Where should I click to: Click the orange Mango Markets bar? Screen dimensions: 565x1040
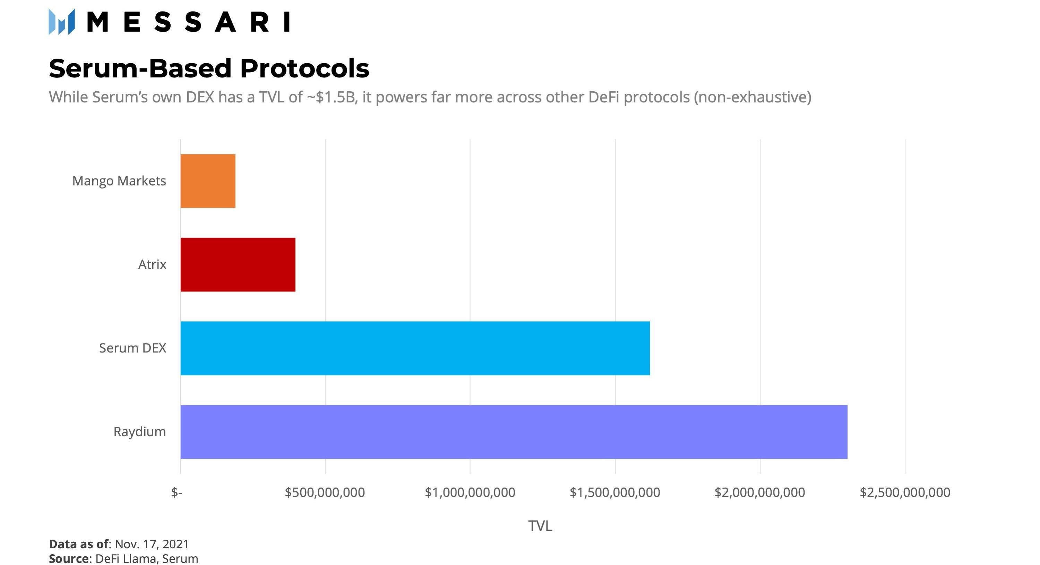point(208,181)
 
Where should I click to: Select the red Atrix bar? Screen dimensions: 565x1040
point(238,265)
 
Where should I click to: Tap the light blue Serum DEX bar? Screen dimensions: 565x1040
point(415,348)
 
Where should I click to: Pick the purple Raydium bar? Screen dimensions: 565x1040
point(514,432)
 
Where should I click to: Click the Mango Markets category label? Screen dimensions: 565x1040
point(119,181)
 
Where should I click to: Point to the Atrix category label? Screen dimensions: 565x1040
point(152,265)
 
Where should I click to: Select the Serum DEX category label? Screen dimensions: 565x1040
point(132,348)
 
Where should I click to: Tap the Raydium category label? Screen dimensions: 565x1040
point(139,432)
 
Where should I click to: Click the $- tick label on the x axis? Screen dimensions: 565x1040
point(177,493)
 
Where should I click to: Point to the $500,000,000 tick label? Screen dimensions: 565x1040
point(325,493)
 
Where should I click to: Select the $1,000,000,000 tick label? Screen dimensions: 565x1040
point(470,493)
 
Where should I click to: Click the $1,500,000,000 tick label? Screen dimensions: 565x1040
point(615,493)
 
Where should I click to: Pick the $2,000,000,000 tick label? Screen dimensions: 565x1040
point(760,493)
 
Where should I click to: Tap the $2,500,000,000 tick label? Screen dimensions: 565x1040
point(905,493)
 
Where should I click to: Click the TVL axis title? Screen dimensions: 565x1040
point(540,526)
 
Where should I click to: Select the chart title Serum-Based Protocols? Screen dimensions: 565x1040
point(209,68)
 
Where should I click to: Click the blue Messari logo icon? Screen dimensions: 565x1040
point(62,22)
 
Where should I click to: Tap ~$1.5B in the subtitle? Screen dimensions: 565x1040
point(332,97)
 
